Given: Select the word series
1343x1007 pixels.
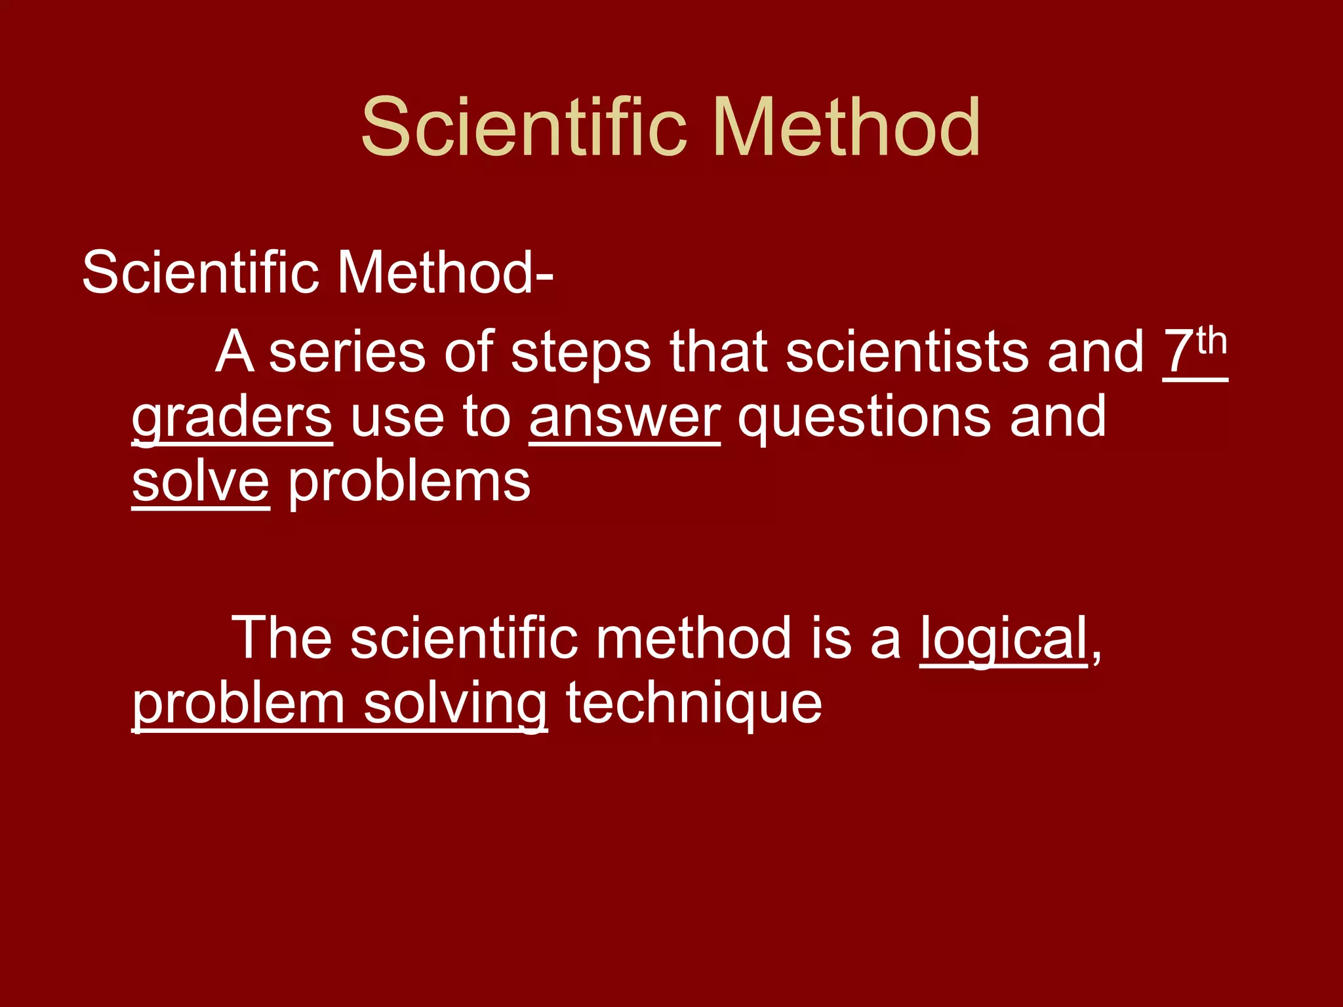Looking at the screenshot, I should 347,353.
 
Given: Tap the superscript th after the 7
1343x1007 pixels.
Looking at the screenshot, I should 1211,343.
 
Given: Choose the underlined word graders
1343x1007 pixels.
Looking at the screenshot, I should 232,418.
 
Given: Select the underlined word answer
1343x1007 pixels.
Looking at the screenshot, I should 625,418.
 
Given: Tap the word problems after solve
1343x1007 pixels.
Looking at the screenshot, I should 409,483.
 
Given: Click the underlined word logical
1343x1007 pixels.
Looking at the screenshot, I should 1004,639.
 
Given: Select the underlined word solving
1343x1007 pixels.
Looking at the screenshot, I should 455,705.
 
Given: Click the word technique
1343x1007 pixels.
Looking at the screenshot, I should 694,705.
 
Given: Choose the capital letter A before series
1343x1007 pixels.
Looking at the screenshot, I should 234,353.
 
